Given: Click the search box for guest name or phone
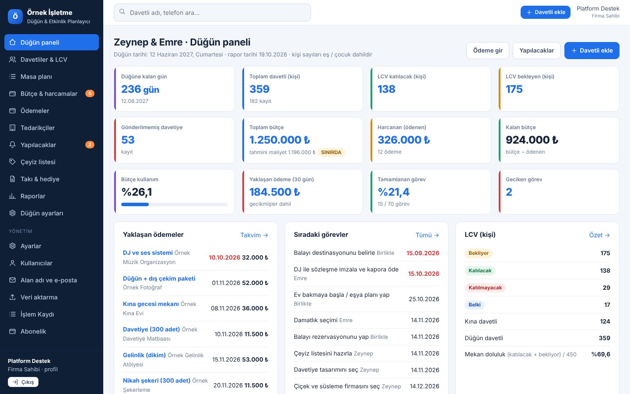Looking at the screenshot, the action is tap(212, 12).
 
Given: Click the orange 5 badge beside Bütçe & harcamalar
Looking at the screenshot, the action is tap(90, 93).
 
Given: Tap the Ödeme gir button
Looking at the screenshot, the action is tap(488, 50).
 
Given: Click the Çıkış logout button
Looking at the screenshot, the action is tap(23, 382).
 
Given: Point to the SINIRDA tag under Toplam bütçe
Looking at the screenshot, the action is tap(331, 152).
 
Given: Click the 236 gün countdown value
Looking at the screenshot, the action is tap(140, 89).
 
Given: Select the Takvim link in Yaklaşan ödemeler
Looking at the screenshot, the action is tap(254, 235).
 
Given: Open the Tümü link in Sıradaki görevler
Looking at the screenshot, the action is tap(427, 235).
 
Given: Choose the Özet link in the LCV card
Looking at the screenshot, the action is tap(599, 235).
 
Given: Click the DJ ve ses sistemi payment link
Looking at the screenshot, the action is tap(148, 253).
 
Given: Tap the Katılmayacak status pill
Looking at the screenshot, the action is tap(485, 288).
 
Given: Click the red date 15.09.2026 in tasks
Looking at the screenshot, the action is tap(423, 253).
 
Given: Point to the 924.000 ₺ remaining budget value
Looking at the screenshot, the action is tap(532, 140).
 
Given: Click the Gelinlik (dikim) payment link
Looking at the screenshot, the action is tap(144, 355).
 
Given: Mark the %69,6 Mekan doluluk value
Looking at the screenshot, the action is tap(601, 354).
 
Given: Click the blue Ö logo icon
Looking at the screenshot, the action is tap(15, 16).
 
